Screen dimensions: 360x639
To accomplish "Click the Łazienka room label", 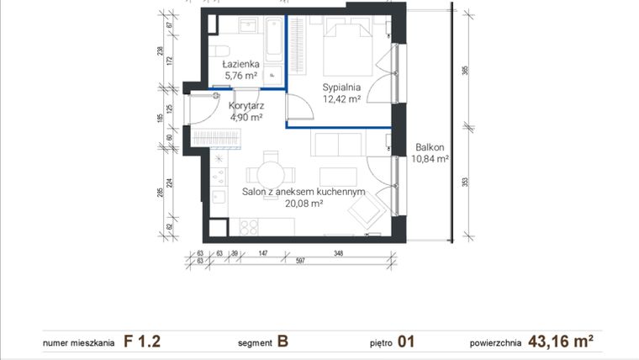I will click(x=240, y=64).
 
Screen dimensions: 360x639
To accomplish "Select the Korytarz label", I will click(x=246, y=106).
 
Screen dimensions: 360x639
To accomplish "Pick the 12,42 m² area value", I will click(x=342, y=98).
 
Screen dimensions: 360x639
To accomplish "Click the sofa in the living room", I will click(x=337, y=144).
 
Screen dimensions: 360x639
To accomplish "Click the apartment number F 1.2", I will click(x=142, y=341).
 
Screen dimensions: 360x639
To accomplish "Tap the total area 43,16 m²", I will click(x=562, y=341).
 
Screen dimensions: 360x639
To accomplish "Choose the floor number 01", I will click(x=405, y=341).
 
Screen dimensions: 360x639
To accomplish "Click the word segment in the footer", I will click(x=255, y=343).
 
